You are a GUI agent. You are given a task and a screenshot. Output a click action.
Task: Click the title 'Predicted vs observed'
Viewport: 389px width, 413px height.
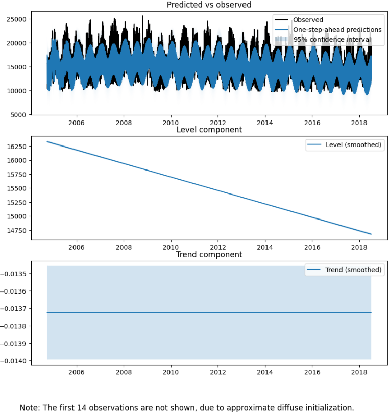coord(209,5)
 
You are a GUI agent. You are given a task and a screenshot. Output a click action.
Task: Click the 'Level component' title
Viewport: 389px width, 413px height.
coord(209,130)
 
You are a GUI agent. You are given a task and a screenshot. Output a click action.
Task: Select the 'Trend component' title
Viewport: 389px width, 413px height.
coord(209,254)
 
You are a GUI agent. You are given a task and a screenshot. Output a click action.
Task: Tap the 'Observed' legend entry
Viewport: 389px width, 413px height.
coord(307,20)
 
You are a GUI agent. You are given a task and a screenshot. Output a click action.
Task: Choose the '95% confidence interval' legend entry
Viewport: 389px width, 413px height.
coord(332,39)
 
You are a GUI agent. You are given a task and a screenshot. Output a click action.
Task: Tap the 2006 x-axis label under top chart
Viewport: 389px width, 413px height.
coord(77,123)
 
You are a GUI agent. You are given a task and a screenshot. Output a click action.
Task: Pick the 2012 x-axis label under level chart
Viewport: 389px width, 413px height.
coord(218,248)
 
